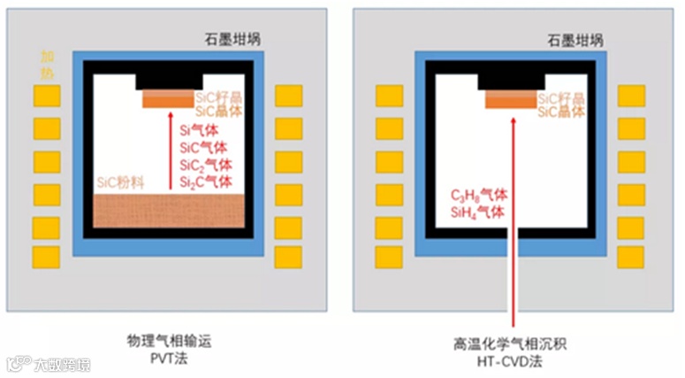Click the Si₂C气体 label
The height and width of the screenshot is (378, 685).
tap(206, 182)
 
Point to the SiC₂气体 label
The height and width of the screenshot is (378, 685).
tap(206, 166)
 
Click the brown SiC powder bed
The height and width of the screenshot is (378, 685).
tap(168, 211)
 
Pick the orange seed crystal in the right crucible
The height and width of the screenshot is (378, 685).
tap(511, 100)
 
